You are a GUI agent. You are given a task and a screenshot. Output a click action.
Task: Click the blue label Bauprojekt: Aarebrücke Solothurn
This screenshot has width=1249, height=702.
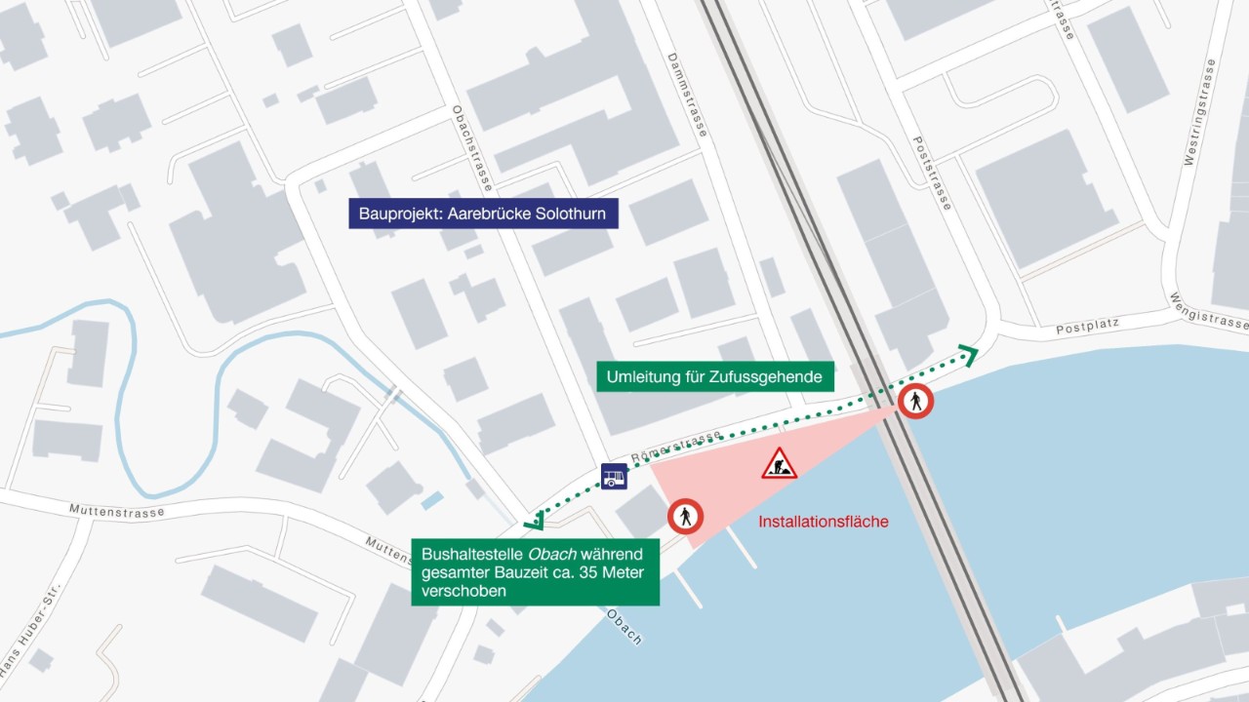coord(483,214)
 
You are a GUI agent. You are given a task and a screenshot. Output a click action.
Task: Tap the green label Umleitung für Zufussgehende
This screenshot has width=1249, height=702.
coord(715,376)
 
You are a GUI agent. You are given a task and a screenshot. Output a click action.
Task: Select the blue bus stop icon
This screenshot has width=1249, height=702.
coord(614,476)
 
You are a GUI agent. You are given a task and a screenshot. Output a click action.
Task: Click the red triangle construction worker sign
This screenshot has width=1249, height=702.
coord(779,465)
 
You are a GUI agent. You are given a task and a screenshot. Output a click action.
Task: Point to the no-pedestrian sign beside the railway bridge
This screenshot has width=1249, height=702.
coord(916,401)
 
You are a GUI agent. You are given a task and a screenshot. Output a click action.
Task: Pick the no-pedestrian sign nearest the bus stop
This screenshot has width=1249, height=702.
coord(686,516)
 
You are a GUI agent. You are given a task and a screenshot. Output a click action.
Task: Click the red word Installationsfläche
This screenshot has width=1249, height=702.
coord(824,522)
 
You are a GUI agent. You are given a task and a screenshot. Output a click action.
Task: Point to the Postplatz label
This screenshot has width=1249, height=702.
coord(1086,326)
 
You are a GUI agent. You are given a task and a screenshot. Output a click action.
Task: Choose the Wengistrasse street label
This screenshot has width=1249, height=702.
coord(1210,311)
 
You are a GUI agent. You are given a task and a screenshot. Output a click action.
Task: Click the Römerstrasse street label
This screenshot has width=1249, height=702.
coord(676,447)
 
